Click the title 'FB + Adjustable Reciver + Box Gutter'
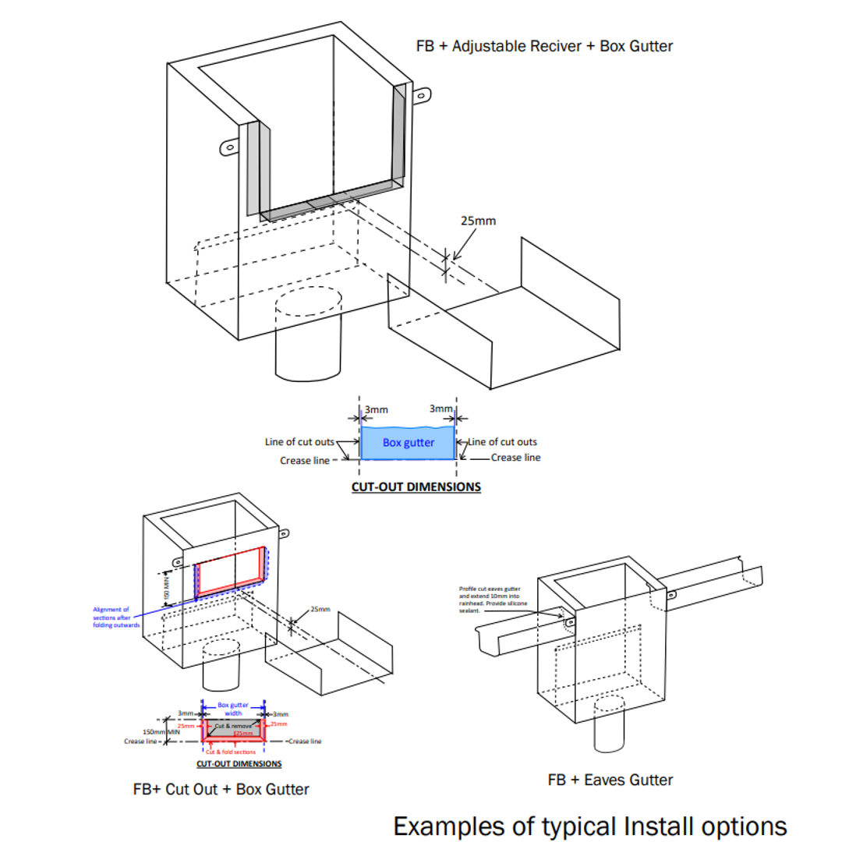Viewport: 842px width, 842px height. (544, 46)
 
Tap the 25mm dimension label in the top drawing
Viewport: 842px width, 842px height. (478, 221)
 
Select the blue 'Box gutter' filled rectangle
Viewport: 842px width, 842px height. (408, 443)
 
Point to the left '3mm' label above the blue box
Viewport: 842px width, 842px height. (375, 409)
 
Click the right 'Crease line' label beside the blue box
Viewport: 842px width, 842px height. (515, 458)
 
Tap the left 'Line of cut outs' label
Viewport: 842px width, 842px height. (300, 442)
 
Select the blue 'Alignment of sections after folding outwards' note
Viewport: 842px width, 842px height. (116, 617)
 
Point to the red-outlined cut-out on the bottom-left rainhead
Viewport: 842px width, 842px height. (230, 568)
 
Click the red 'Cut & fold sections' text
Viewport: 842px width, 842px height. (232, 752)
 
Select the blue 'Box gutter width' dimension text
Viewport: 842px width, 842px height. (233, 708)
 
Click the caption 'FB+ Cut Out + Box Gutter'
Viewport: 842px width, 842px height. (221, 789)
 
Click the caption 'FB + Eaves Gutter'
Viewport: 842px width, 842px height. (610, 780)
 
